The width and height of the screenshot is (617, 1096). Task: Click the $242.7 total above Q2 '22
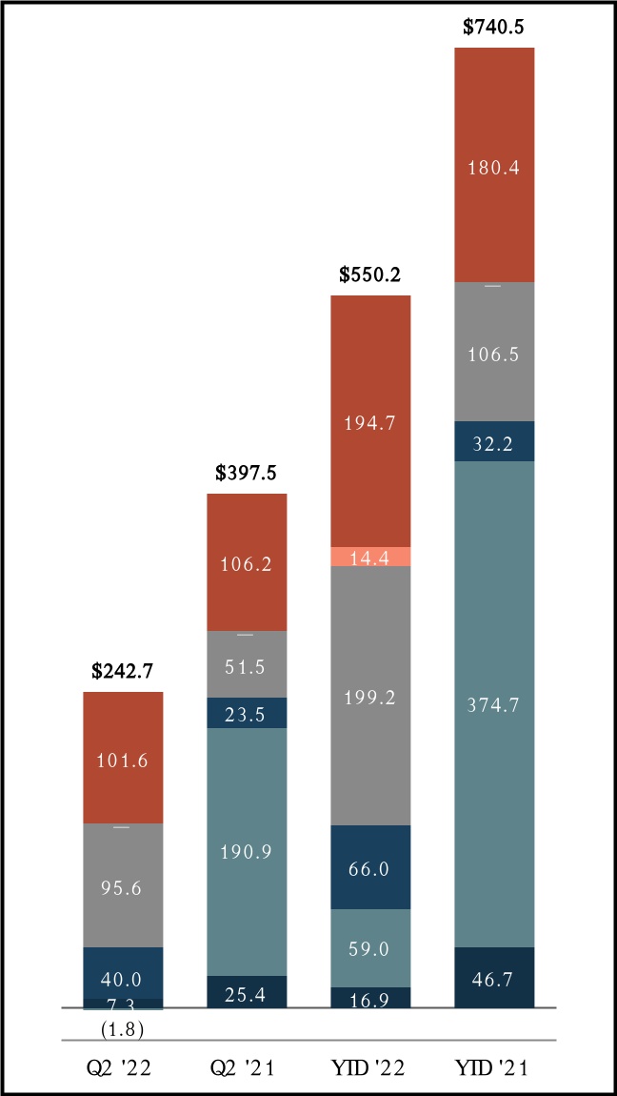point(123,671)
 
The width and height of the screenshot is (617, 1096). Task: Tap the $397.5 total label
point(247,473)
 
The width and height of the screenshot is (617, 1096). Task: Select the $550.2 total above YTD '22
point(370,274)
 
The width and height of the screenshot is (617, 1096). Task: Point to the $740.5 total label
point(494,27)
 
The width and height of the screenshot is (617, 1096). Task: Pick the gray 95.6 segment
point(123,885)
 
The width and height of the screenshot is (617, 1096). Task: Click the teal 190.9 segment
point(247,851)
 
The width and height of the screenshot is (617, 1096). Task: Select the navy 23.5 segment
point(247,713)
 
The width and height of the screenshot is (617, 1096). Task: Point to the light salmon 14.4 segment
point(370,557)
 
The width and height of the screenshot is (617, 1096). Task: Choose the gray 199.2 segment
point(370,696)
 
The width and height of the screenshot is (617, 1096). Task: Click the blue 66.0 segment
point(370,867)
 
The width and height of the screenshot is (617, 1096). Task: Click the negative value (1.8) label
point(123,1028)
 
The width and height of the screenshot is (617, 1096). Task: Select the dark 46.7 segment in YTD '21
point(494,977)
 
